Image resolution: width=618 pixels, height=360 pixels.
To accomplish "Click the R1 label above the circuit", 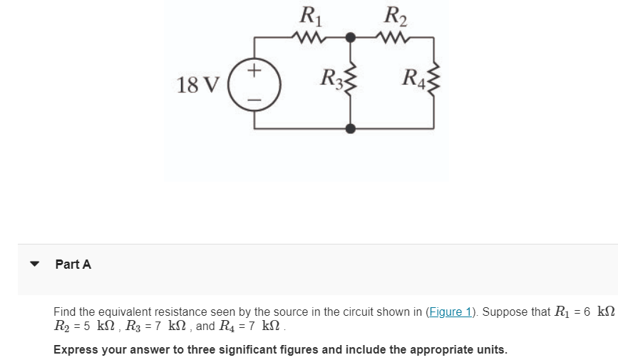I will pyautogui.click(x=308, y=14).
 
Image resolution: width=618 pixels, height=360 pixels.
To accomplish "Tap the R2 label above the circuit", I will pyautogui.click(x=393, y=14).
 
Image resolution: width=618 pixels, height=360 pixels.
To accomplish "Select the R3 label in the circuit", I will pyautogui.click(x=331, y=76).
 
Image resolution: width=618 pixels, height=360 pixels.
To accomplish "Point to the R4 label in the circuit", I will pyautogui.click(x=414, y=76).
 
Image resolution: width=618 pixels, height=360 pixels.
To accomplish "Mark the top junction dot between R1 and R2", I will pyautogui.click(x=350, y=37).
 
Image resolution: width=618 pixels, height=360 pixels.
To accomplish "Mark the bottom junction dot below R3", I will pyautogui.click(x=350, y=128).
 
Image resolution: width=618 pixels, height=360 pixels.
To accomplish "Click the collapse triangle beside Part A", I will pyautogui.click(x=34, y=264).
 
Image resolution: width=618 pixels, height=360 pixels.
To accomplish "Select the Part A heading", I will pyautogui.click(x=73, y=264).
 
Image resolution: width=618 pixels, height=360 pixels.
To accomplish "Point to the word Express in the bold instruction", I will pyautogui.click(x=76, y=350).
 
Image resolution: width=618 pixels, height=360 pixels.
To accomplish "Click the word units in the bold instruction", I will pyautogui.click(x=490, y=350).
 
